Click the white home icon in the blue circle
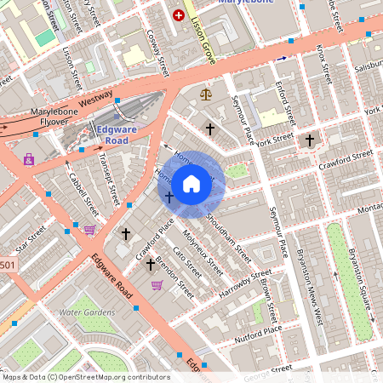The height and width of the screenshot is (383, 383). coord(191,182)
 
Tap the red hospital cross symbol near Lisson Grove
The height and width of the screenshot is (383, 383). coord(179,15)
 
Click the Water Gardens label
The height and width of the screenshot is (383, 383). coord(86,312)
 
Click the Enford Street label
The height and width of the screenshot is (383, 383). coord(284,102)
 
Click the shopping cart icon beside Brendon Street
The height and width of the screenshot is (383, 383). coord(157,285)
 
